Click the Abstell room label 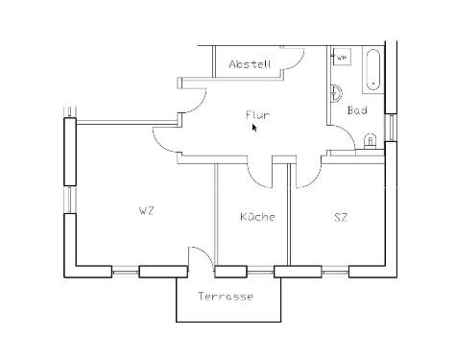[251, 64]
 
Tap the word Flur [257, 115]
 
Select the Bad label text [357, 110]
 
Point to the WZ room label [146, 210]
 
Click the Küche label [257, 217]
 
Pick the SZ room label [340, 217]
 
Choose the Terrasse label [226, 297]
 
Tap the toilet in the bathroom [371, 142]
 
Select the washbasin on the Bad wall [336, 94]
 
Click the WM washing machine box [342, 58]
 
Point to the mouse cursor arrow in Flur [255, 127]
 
